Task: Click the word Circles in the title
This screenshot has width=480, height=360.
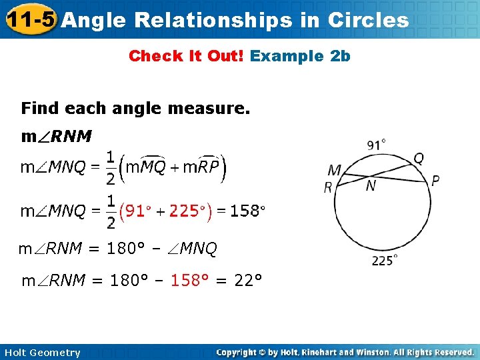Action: pos(368,20)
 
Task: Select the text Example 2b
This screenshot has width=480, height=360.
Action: pos(300,56)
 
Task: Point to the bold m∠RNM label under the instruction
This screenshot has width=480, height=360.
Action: pos(57,137)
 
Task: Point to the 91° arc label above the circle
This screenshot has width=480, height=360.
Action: pos(376,145)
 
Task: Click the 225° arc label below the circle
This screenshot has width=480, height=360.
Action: pos(385,261)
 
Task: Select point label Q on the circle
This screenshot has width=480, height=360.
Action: pos(419,158)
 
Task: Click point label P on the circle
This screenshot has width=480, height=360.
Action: pos(435,181)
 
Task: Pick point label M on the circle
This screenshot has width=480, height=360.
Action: pos(334,171)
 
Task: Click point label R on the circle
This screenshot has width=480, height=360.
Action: pos(328,188)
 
